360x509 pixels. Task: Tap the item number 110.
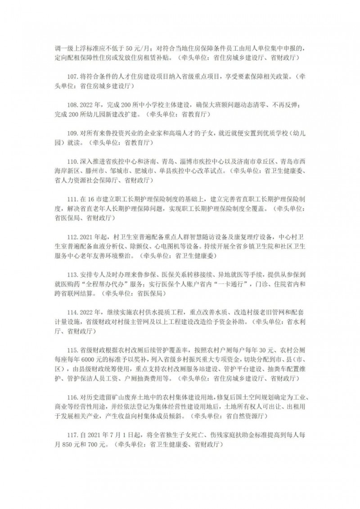(72, 161)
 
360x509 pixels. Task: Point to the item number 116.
(72, 399)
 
